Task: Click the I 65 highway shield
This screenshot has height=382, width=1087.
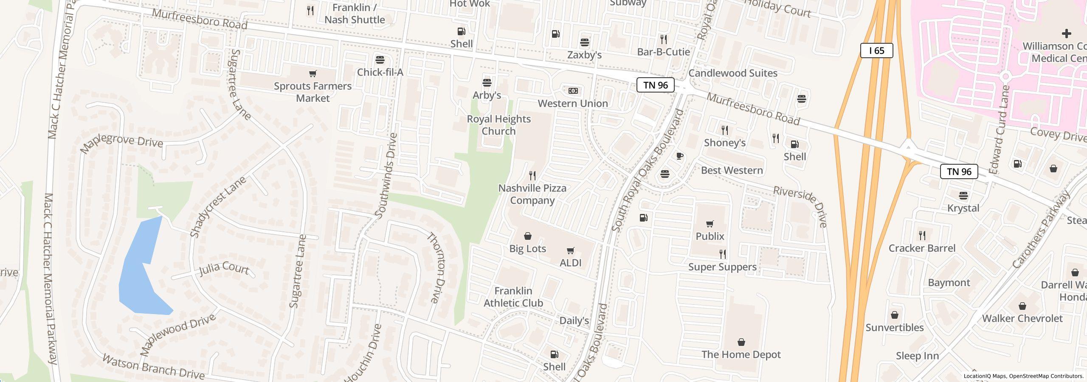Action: tap(876, 51)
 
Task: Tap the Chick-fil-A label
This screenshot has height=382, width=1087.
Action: tap(380, 72)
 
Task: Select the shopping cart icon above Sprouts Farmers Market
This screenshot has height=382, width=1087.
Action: tap(313, 74)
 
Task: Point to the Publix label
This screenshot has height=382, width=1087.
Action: tap(710, 236)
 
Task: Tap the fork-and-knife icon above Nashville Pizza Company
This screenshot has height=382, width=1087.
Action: tap(532, 175)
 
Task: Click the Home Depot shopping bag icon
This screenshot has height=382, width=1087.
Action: tap(741, 342)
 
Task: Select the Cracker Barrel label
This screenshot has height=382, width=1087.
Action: tap(922, 248)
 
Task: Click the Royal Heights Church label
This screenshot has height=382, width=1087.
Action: tap(498, 125)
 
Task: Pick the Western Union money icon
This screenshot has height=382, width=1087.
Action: tap(573, 91)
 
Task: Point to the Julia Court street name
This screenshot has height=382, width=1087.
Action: tap(224, 269)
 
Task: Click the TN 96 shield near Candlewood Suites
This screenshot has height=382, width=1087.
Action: tap(655, 85)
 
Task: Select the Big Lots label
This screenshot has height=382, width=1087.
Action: tap(527, 248)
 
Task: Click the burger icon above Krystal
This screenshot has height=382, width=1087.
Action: tap(963, 196)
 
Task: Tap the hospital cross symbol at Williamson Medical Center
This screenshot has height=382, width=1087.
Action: tap(1066, 33)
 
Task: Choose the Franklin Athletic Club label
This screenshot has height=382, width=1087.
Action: tap(513, 297)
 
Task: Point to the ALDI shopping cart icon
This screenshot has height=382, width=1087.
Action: tap(570, 251)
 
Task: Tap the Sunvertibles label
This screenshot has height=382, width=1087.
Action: tap(894, 327)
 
